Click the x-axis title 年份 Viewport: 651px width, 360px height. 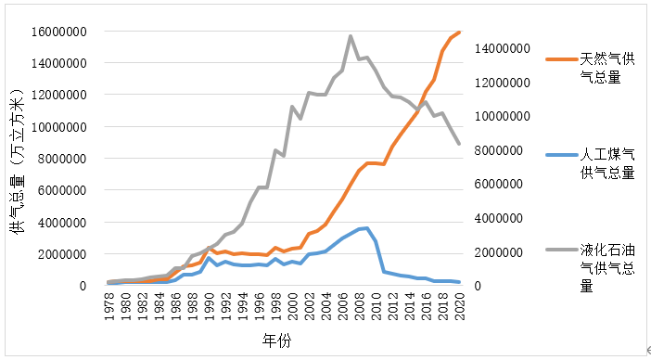[275, 341]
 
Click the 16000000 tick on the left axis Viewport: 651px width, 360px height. [57, 32]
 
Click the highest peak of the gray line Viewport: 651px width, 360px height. [351, 36]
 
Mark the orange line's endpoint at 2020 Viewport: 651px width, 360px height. [459, 32]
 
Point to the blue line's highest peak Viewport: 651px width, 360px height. [367, 227]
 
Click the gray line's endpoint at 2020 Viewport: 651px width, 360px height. [459, 144]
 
